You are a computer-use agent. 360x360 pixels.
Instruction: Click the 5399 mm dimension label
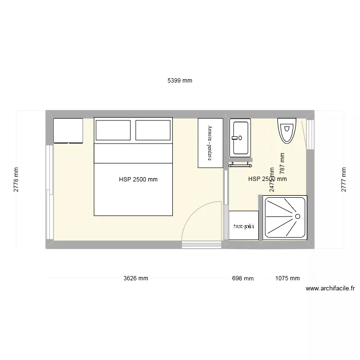pos(180,81)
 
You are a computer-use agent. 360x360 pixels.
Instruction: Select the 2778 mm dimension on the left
pos(16,180)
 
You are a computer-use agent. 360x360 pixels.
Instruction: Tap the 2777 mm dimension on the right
pos(343,180)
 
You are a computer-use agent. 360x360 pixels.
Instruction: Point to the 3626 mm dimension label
pos(135,278)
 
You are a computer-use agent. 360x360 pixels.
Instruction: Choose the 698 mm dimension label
pos(242,278)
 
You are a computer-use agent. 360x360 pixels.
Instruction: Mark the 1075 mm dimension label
pos(288,278)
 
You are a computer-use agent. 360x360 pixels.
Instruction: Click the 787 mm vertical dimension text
pos(282,163)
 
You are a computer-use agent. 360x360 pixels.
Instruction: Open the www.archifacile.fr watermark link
pos(330,288)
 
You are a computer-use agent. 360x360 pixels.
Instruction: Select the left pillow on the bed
pos(113,130)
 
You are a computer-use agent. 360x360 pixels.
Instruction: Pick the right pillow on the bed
pos(153,130)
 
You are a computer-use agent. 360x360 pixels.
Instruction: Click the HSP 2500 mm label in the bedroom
pos(138,180)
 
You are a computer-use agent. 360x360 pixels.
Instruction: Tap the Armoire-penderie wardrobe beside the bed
pos(210,143)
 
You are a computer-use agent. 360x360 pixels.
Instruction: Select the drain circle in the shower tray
pos(298,216)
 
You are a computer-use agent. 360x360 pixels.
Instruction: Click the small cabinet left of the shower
pos(244,225)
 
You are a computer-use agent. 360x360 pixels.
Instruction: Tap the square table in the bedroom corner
pos(68,130)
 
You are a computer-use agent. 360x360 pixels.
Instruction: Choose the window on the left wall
pos(49,192)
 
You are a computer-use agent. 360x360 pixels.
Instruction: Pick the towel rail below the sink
pos(240,165)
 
